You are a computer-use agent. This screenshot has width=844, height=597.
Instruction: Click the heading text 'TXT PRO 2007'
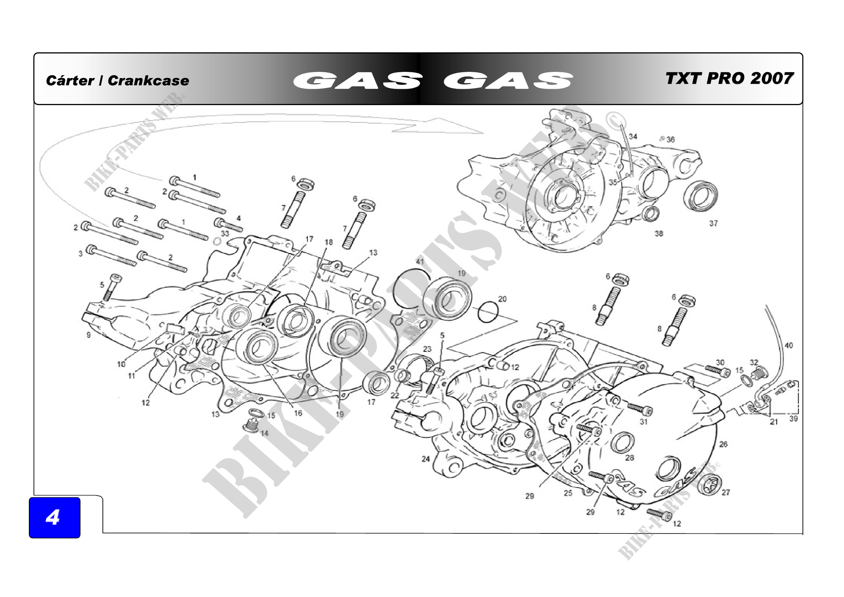pos(729,78)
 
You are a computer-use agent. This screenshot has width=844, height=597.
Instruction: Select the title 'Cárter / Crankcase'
pos(117,81)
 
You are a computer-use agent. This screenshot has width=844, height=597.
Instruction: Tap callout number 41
pos(420,261)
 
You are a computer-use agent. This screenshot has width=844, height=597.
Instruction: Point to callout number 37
pos(713,223)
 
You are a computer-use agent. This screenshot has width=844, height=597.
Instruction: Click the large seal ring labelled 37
pos(701,196)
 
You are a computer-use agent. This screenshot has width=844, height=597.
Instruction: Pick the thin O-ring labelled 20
pos(488,312)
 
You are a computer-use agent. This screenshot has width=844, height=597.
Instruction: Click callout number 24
pos(426,459)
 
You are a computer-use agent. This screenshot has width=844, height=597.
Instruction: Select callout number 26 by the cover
pos(723,444)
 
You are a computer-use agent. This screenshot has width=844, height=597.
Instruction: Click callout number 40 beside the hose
pos(788,345)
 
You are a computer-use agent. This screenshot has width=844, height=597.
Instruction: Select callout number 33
pos(225,233)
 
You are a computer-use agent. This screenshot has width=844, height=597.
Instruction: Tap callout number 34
pos(633,137)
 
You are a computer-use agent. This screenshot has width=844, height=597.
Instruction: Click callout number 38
pos(659,233)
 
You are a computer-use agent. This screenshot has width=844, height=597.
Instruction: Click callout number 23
pos(427,349)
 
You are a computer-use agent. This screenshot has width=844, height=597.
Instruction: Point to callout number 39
pos(793,419)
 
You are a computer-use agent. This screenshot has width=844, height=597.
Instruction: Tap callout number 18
pos(329,242)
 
